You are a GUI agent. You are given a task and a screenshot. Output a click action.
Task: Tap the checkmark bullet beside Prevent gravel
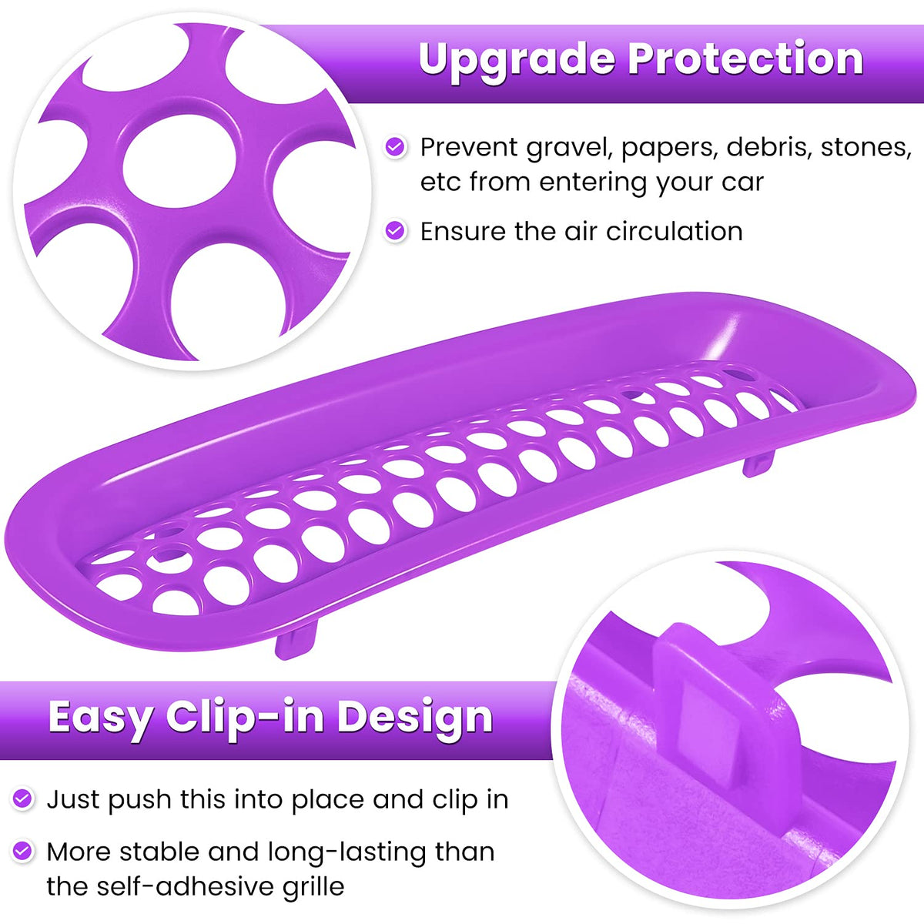tap(395, 147)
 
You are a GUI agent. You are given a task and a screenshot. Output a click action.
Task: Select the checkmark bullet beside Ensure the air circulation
tap(395, 231)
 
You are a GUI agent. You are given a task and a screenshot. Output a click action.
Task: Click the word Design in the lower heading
tap(415, 718)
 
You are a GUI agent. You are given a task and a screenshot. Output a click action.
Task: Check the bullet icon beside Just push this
tap(22, 798)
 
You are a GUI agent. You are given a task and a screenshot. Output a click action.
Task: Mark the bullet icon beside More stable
tap(22, 851)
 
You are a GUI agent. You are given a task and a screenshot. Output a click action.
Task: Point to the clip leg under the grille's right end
tap(758, 463)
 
